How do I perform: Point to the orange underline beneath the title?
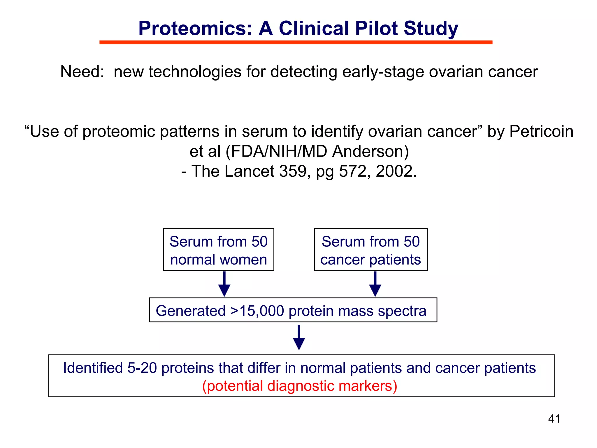coord(296,43)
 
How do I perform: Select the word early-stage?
coord(383,72)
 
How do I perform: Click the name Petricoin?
coord(541,131)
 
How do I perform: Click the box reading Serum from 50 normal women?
coord(218,250)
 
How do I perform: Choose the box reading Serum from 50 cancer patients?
coord(371,250)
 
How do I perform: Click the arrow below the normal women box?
coord(224,284)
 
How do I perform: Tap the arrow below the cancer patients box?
coord(375,284)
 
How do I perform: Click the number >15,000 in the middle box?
coord(257,311)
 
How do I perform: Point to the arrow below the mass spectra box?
coord(299,338)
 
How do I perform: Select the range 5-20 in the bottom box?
coord(142,368)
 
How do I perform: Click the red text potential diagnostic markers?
coord(300,386)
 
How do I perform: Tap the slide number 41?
coord(554,419)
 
